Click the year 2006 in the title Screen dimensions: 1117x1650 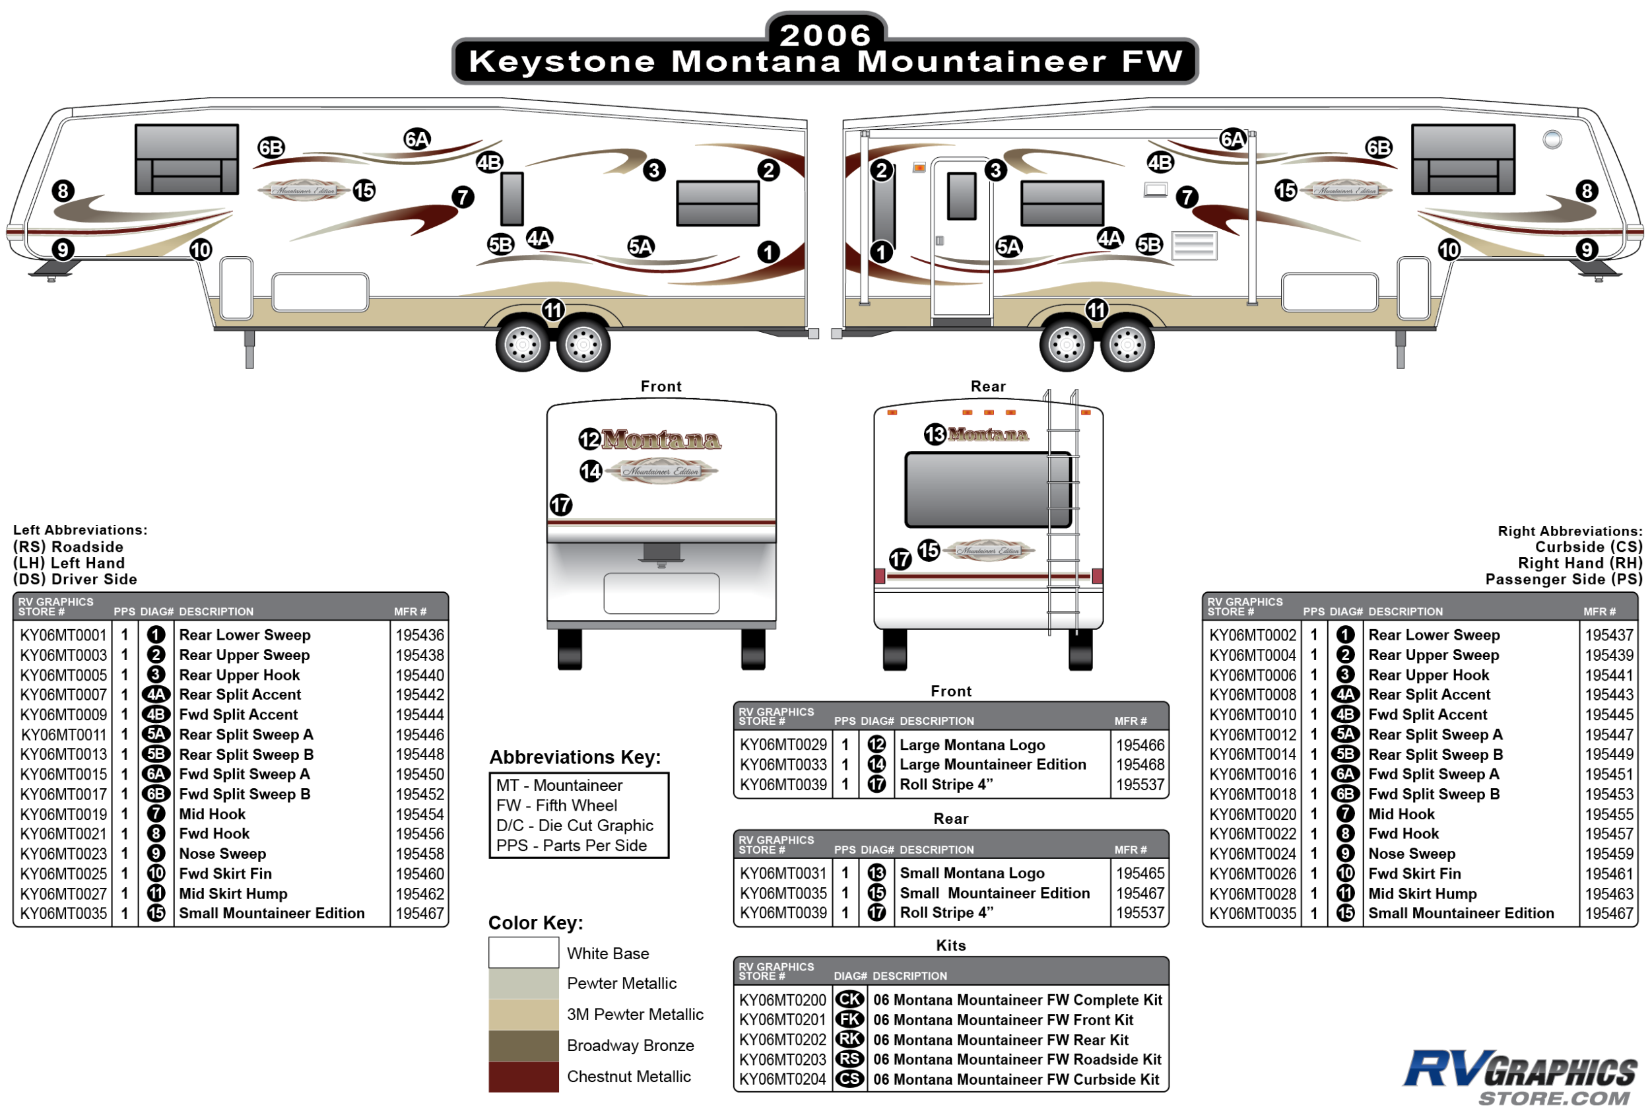825,35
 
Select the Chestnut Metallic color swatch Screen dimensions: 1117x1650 523,1076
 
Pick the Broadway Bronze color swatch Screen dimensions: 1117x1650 523,1045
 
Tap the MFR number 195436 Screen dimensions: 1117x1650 420,635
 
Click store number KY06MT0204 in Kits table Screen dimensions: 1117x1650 782,1079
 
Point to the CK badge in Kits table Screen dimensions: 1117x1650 849,999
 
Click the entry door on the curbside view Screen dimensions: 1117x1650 962,238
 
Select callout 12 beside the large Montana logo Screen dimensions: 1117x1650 589,440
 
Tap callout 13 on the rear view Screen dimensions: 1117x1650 935,434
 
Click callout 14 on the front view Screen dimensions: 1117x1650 591,471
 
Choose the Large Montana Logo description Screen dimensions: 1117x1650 972,745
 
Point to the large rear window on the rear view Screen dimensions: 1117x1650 987,490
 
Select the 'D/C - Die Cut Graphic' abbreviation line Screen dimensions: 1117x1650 574,825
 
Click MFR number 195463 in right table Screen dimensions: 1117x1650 1609,893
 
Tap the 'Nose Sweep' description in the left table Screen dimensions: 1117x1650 222,854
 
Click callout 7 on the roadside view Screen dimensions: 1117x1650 463,197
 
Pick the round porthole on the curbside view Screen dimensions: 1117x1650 1552,139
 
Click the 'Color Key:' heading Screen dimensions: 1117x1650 535,922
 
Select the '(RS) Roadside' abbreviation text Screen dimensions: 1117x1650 68,547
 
